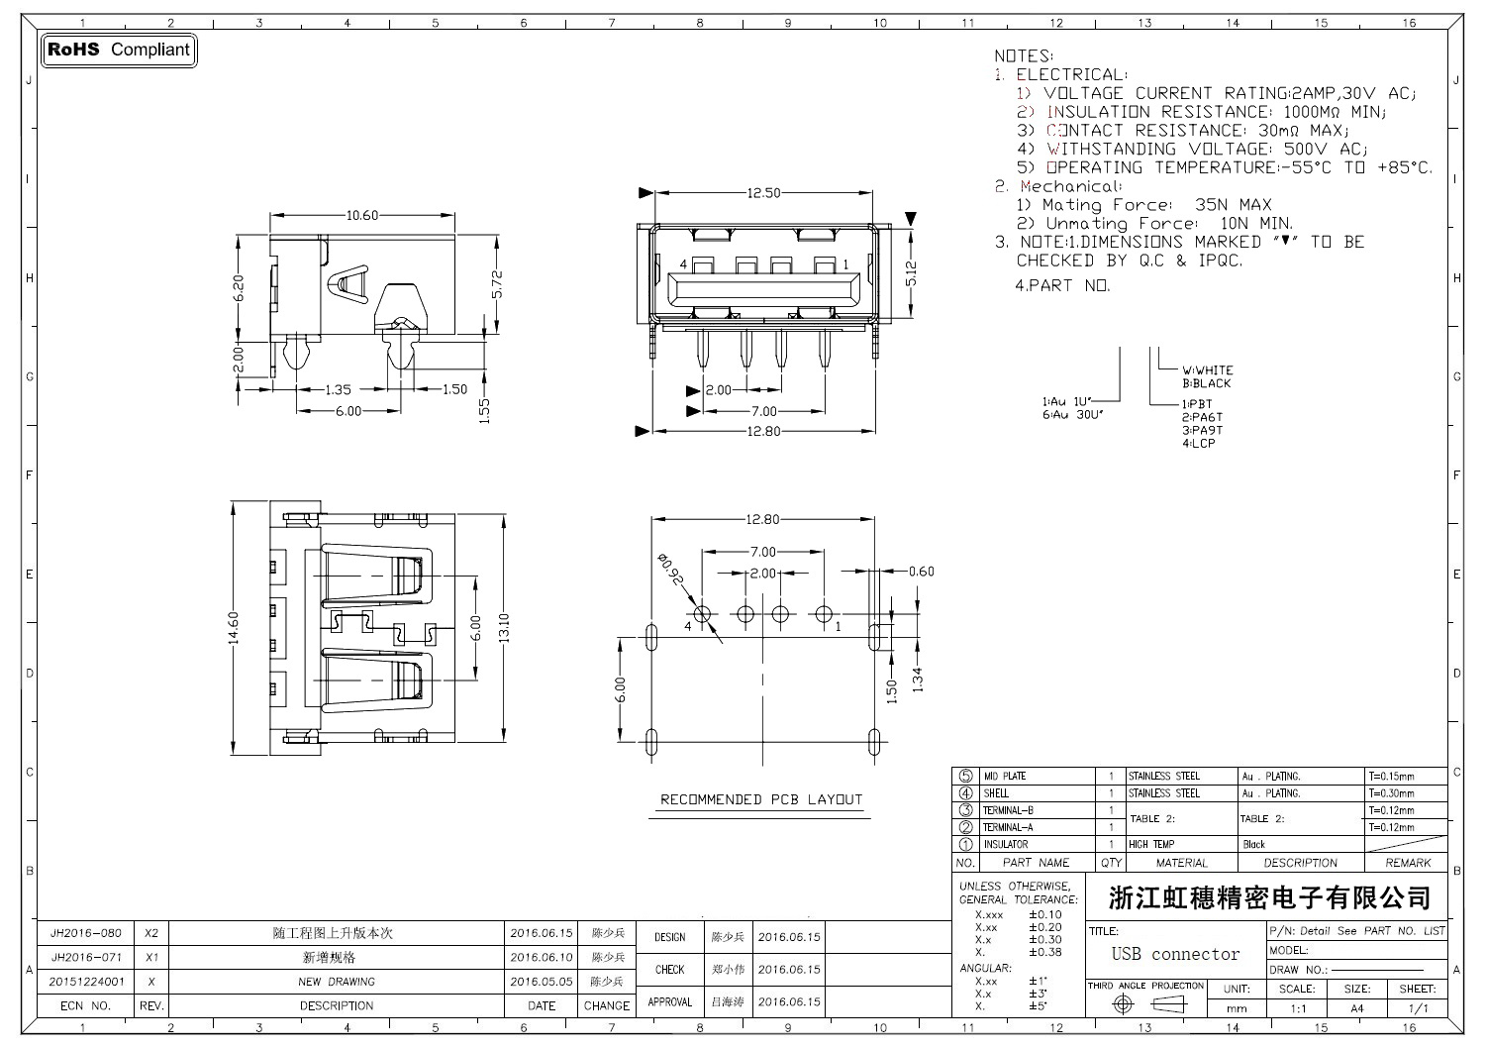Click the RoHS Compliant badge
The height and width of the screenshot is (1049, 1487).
119,50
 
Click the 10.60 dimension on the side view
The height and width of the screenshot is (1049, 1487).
362,215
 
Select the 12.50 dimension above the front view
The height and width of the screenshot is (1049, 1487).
763,193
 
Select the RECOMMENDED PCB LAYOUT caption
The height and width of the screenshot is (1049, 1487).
760,799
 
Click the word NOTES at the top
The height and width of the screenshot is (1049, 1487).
1024,56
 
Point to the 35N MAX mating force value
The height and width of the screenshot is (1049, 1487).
1233,205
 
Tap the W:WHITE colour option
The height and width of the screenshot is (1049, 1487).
1207,370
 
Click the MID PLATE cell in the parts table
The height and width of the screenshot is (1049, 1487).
1004,777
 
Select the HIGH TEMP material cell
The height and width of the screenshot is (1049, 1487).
1151,844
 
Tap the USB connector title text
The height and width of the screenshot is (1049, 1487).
1175,954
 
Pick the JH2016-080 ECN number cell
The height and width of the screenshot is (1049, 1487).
86,933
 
